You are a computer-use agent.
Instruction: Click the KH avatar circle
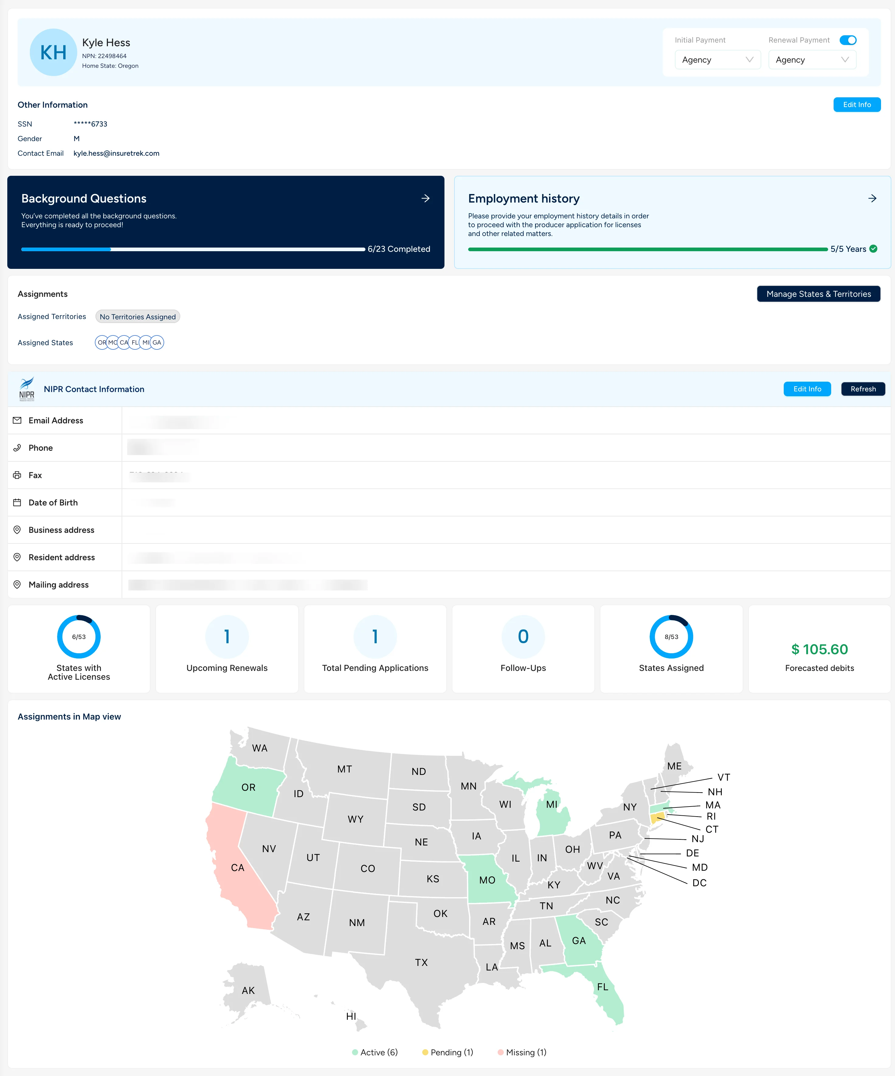coord(53,52)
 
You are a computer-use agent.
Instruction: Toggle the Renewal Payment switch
coord(848,40)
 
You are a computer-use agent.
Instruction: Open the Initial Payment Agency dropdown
coord(717,60)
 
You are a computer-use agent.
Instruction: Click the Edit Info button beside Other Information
coord(857,105)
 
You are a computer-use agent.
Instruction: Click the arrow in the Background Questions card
coord(425,198)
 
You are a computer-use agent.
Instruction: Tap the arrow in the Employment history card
coord(872,198)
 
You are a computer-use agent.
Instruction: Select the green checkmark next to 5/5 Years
coord(873,249)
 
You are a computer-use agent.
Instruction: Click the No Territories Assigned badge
coord(137,317)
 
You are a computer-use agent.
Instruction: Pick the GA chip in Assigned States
coord(157,342)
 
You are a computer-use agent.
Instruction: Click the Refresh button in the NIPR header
coord(863,389)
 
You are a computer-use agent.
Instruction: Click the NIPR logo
coord(27,389)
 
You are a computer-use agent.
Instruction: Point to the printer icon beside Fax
coord(17,475)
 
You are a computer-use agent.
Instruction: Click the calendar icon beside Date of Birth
coord(17,503)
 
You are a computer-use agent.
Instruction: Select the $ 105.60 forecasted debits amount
coord(819,649)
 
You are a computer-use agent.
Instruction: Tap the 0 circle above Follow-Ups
coord(523,636)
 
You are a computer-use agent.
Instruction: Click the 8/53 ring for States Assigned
coord(671,636)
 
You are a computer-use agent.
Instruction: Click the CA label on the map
coord(238,867)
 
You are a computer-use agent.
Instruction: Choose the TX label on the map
coord(421,962)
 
